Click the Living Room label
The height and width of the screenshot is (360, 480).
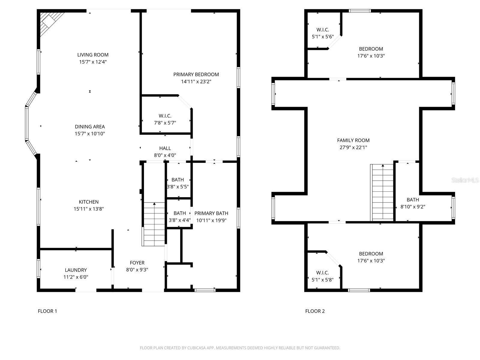tap(93, 55)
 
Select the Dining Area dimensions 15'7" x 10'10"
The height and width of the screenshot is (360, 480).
tap(90, 133)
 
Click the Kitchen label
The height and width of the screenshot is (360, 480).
tap(88, 202)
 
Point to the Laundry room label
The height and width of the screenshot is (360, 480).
tap(76, 270)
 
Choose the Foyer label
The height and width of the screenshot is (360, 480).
tap(137, 263)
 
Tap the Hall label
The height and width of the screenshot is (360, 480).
tap(165, 148)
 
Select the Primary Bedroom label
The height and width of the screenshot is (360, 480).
tap(196, 74)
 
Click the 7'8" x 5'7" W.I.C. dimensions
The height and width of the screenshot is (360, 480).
tap(165, 123)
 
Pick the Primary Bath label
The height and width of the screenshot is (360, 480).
tap(211, 213)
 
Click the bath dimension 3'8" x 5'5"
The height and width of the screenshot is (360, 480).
tap(178, 187)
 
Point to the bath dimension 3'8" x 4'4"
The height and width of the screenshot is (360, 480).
tap(180, 220)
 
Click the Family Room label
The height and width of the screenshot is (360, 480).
tap(353, 140)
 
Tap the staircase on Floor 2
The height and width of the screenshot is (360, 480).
tap(382, 193)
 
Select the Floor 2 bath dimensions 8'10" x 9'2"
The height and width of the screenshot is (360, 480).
tap(413, 207)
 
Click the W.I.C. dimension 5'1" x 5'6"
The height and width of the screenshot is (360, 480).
tap(323, 37)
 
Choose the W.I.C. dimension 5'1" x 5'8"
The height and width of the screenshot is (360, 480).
tap(322, 280)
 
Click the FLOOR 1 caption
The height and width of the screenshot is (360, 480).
tap(47, 311)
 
